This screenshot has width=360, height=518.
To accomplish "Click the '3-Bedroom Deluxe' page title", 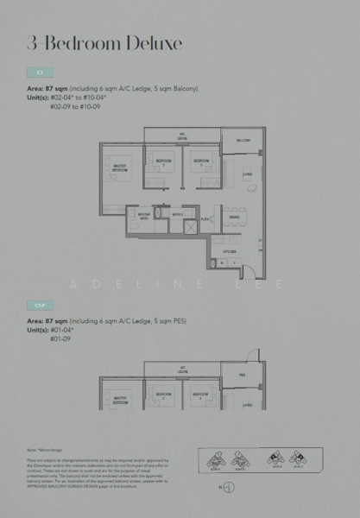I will (104, 42).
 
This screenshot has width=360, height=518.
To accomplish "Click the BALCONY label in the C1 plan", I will (243, 140).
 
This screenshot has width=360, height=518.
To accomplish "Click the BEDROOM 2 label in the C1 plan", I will (161, 162).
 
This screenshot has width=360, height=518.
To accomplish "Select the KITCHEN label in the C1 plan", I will (231, 251).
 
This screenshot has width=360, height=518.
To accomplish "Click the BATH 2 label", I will (176, 214).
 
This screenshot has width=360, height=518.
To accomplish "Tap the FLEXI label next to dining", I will (205, 219).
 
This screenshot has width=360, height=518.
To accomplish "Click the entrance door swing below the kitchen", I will (247, 273).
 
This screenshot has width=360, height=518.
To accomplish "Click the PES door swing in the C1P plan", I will (251, 355).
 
